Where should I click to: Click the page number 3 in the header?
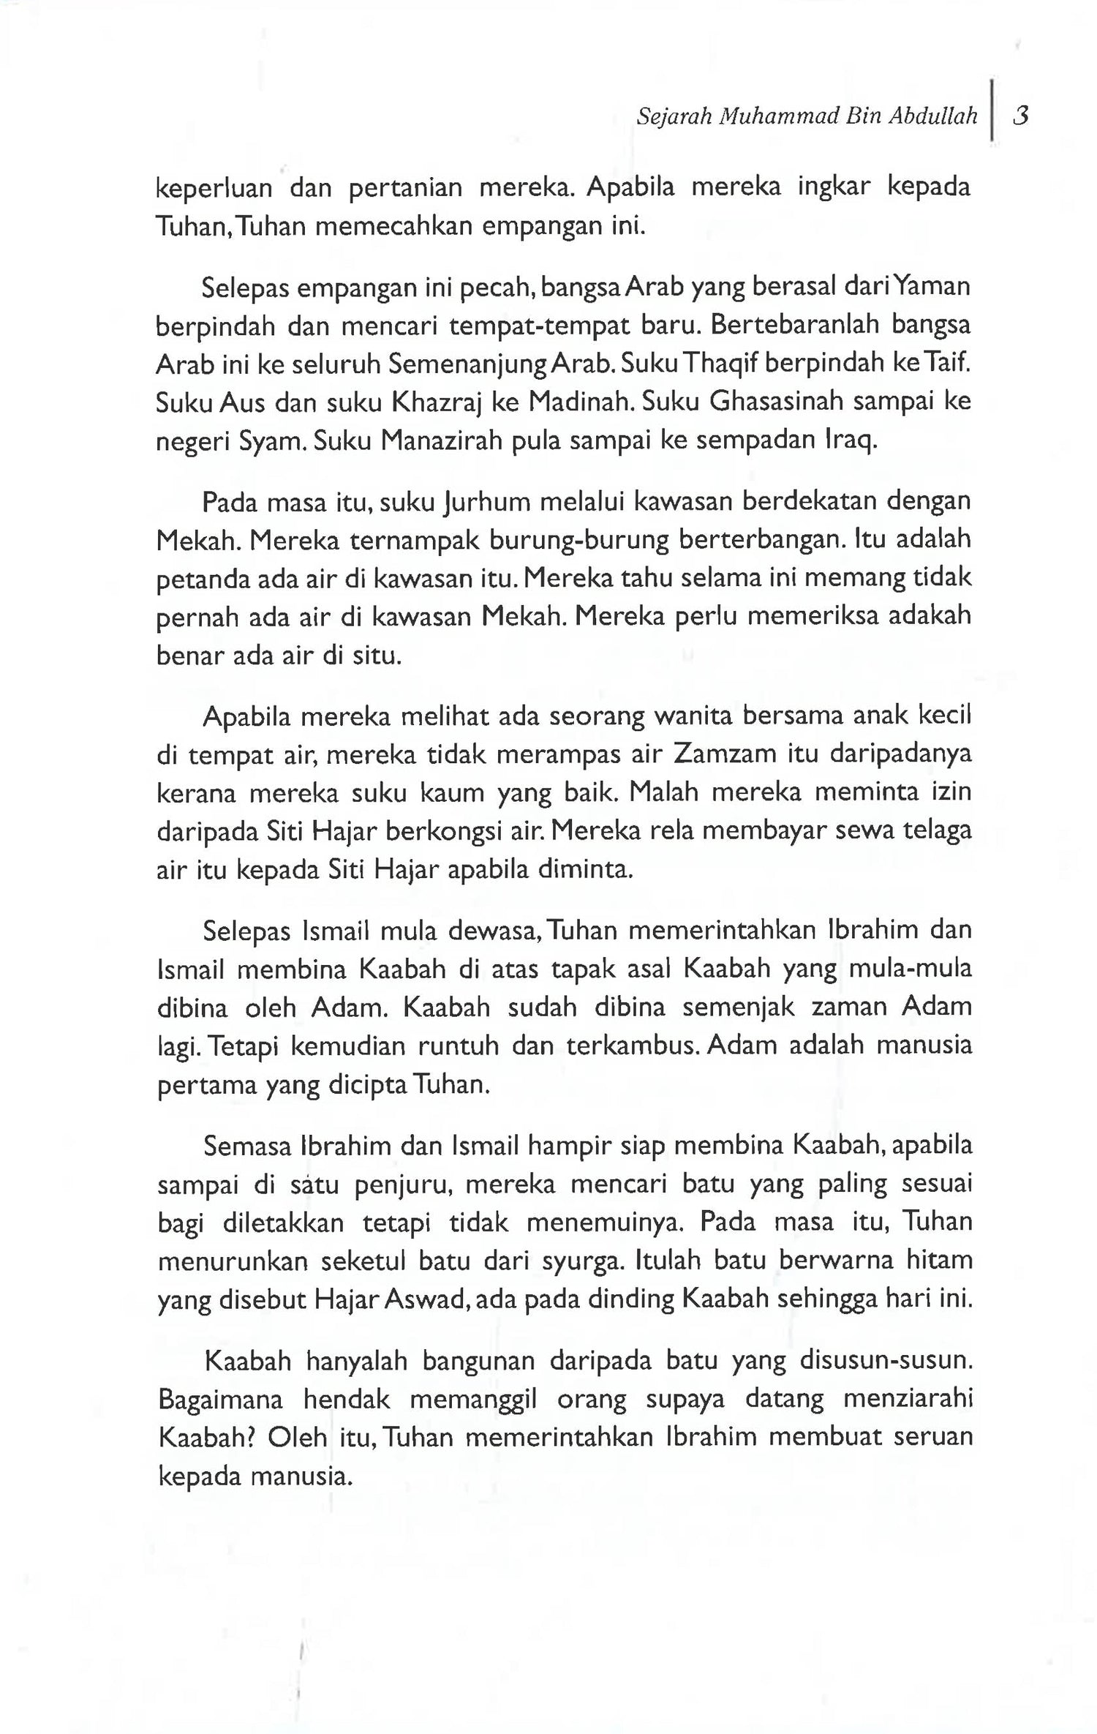(x=1021, y=116)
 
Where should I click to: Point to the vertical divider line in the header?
(x=991, y=110)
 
